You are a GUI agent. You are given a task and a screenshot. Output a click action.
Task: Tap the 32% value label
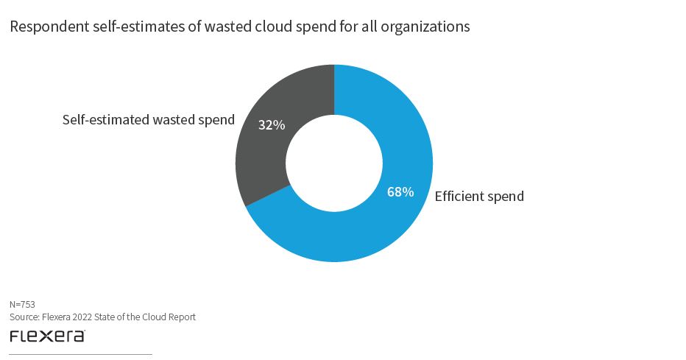point(271,124)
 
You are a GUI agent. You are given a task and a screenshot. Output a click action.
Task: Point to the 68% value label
point(400,192)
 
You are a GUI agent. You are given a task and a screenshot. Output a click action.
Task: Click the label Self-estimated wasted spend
point(148,119)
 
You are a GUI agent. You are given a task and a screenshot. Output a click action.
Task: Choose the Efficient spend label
point(479,197)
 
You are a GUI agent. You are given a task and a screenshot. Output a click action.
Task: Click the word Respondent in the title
point(44,27)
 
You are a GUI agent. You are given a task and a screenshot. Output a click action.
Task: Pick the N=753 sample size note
point(22,304)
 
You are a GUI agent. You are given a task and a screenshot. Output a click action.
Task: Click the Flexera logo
point(47,336)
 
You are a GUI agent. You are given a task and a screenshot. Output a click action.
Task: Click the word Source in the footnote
point(23,317)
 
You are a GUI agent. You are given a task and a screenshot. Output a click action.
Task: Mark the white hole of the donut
point(334,163)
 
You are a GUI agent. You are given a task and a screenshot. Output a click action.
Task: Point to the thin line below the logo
point(80,354)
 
